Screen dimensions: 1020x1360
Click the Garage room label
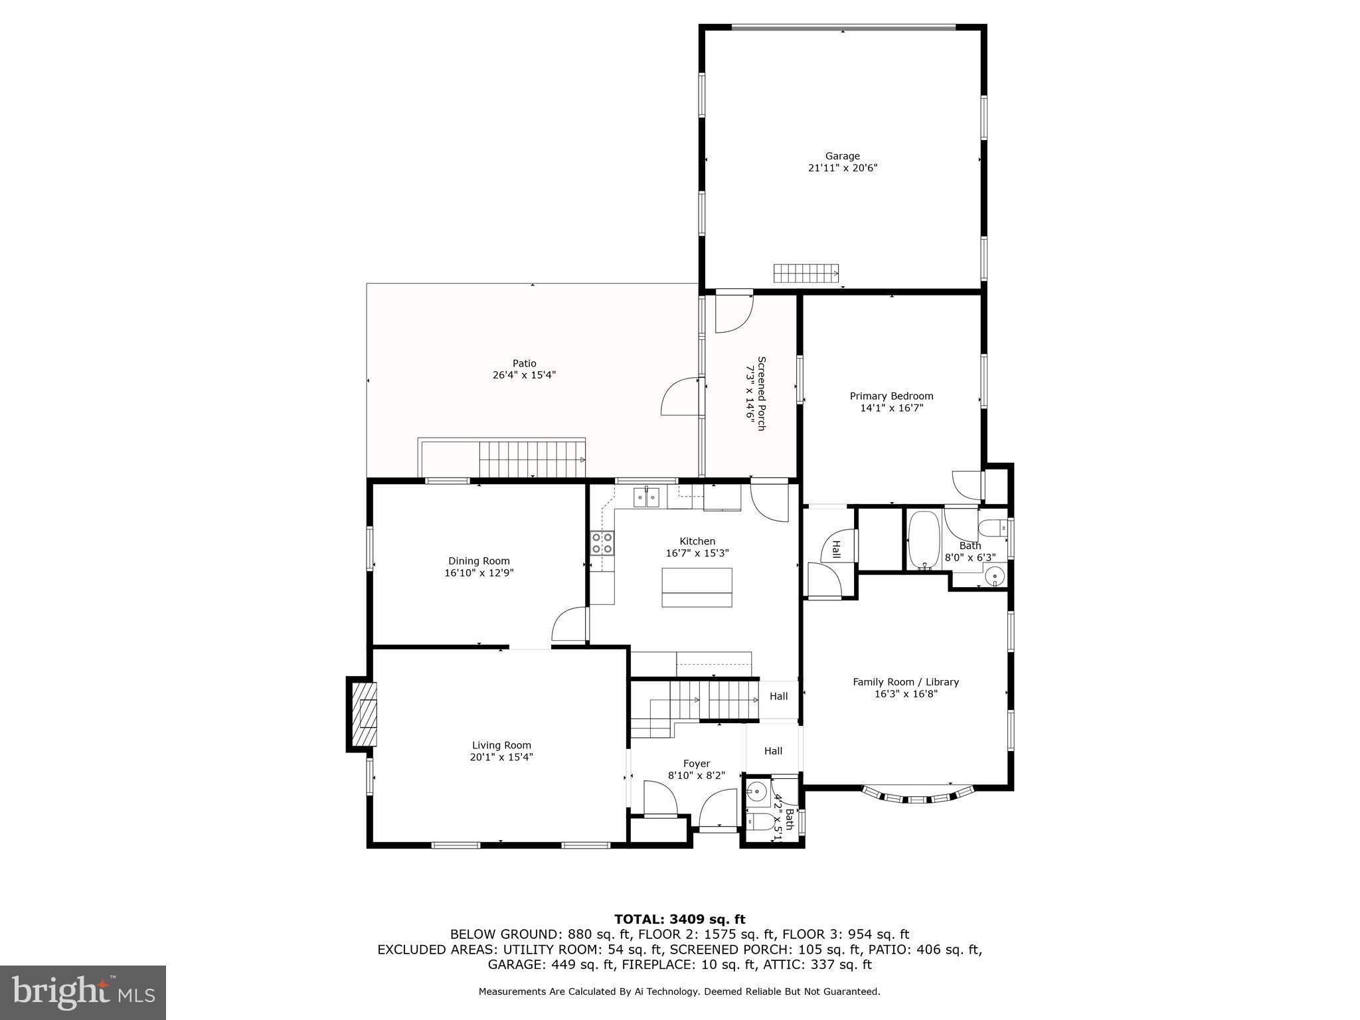[842, 157]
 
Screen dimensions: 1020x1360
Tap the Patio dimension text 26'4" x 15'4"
[524, 375]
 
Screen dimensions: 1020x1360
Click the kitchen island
[697, 587]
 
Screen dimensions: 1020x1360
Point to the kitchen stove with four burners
[603, 543]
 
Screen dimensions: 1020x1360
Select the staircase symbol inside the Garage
[806, 273]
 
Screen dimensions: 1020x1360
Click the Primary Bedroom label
[891, 396]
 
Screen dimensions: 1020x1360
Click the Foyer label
[697, 764]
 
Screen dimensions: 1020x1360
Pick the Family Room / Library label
[906, 682]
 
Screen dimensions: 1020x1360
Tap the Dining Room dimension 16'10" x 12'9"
[479, 572]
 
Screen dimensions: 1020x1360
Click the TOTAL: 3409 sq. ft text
[679, 919]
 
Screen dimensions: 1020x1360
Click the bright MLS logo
[83, 993]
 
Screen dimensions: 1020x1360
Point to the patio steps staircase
[531, 459]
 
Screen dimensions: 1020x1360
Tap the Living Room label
[501, 745]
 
